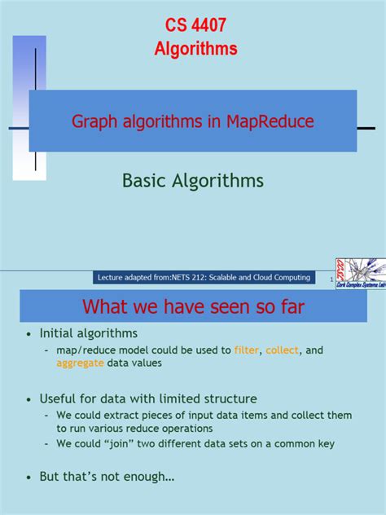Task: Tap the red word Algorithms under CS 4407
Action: [x=195, y=49]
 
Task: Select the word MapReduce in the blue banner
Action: [x=261, y=121]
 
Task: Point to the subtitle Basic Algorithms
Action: [x=192, y=180]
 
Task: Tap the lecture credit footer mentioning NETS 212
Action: [x=204, y=278]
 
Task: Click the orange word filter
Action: [x=247, y=350]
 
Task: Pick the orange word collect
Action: [x=283, y=350]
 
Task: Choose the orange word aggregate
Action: [x=80, y=363]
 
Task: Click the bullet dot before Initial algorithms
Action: [x=29, y=334]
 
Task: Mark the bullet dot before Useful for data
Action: [x=29, y=399]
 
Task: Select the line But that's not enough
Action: [x=107, y=477]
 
